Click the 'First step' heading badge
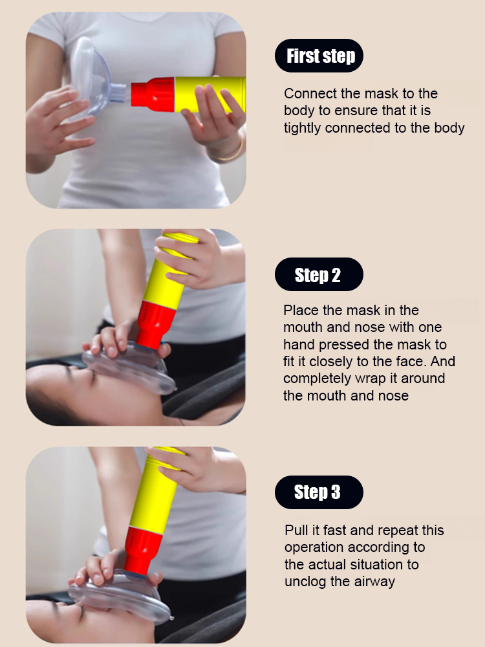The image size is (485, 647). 319,56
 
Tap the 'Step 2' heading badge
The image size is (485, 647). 318,275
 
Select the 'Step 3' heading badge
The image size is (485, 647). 318,492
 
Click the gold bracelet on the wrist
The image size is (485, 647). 230,151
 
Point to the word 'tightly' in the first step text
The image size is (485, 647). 303,128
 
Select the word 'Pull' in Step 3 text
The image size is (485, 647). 296,531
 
